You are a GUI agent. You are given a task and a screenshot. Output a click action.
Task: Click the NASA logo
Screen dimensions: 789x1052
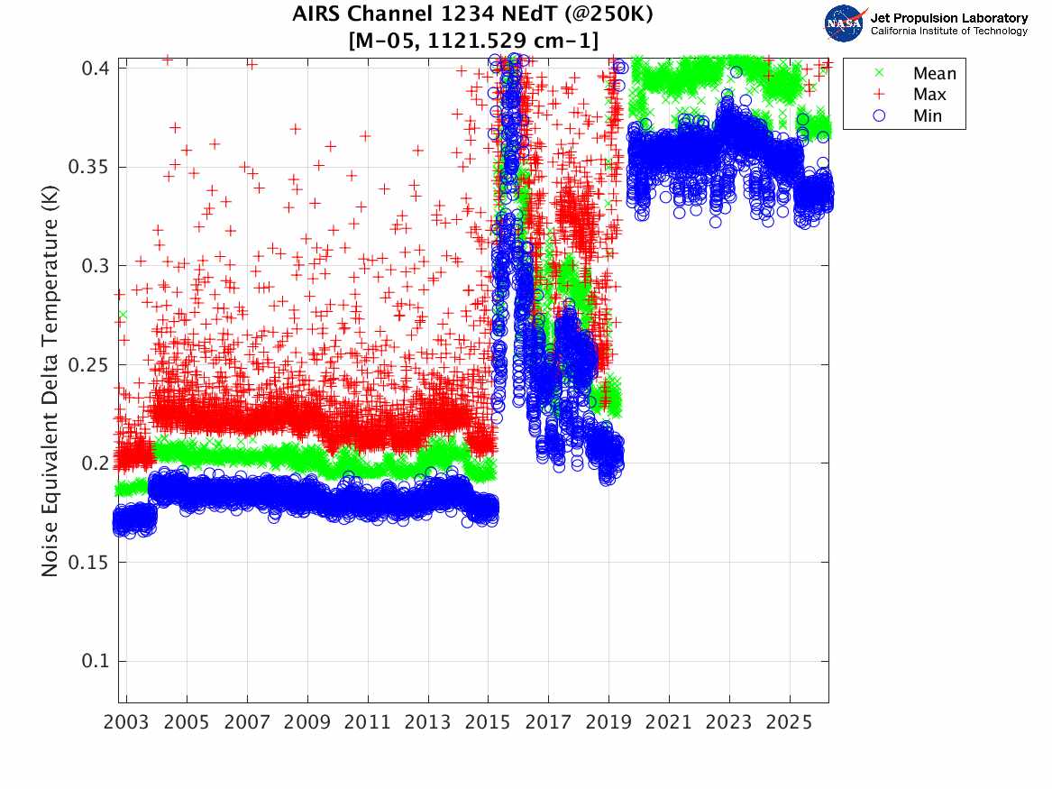[846, 23]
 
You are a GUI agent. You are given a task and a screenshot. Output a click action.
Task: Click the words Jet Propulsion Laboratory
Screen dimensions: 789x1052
[948, 17]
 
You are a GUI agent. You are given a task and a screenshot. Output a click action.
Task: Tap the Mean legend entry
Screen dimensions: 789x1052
[934, 74]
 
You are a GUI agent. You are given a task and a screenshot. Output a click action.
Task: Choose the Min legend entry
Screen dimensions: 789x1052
[928, 115]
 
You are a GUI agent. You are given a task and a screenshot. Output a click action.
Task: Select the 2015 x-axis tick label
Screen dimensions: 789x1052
[488, 723]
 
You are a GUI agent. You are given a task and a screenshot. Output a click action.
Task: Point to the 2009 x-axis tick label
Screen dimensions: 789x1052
[307, 723]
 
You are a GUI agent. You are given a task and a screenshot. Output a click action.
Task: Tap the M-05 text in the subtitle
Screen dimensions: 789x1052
[389, 40]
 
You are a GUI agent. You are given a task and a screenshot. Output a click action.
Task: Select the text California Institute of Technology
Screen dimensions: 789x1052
[948, 32]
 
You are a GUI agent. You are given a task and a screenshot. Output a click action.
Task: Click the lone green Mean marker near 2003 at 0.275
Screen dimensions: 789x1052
[122, 315]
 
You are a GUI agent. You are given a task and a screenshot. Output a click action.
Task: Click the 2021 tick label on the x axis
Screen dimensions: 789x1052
[669, 723]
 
